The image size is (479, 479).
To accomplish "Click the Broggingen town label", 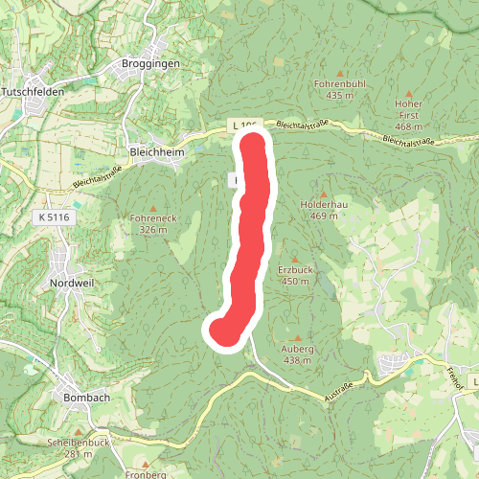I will [151, 63].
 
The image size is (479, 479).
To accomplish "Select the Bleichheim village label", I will [156, 151].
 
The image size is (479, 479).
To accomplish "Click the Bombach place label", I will [87, 397].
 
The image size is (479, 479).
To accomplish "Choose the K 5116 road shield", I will [55, 218].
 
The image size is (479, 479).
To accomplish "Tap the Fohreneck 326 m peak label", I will [153, 223].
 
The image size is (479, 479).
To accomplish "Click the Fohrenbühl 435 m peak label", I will [340, 90].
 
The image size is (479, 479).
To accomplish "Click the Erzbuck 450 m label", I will [295, 275].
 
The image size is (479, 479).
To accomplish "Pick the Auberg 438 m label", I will [298, 354].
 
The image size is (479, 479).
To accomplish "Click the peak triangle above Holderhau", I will [323, 193].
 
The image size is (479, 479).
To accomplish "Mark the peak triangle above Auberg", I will [298, 337].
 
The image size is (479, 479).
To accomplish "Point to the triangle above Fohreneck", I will [153, 206].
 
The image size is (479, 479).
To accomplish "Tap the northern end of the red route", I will [254, 146].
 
